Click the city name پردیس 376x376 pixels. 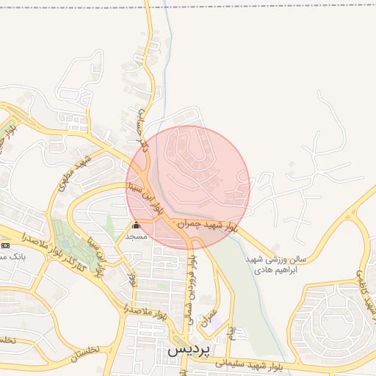189,350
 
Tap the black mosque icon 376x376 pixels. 136,225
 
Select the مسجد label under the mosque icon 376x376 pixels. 136,236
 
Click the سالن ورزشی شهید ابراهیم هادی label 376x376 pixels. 276,264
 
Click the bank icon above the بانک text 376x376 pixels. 5,245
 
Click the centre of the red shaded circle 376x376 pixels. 188,187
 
